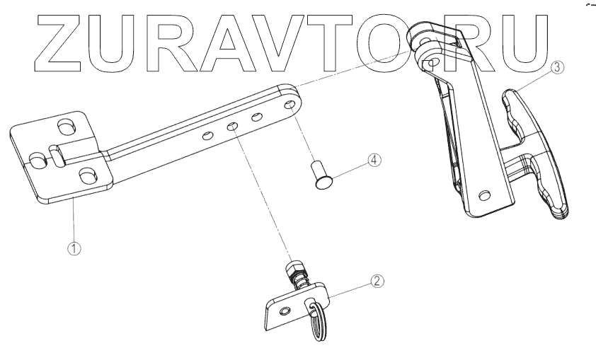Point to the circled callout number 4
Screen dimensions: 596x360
373,160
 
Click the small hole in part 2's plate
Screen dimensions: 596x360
284,310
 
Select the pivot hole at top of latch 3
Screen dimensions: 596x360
429,64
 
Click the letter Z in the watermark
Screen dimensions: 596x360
55,42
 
